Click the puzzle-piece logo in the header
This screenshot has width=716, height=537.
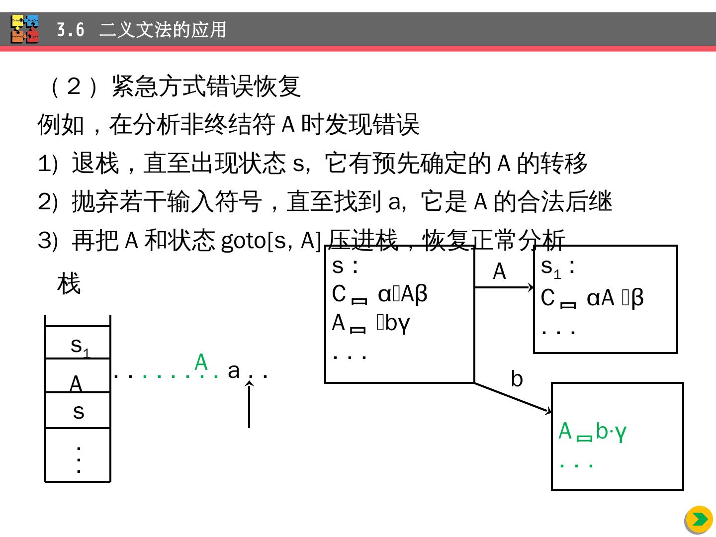point(25,29)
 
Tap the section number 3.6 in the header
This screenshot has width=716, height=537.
point(70,30)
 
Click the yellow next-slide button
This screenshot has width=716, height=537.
point(699,520)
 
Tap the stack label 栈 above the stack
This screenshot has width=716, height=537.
point(69,284)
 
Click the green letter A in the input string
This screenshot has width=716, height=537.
point(201,362)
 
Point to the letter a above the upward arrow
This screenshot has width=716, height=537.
point(234,370)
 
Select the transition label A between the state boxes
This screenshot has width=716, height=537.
point(499,271)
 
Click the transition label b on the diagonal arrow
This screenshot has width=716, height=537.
point(517,379)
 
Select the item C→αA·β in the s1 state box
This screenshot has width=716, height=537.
point(592,298)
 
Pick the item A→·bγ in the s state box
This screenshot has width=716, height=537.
point(370,323)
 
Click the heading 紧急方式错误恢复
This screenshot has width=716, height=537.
point(206,86)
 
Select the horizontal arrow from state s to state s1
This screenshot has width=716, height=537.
point(504,287)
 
